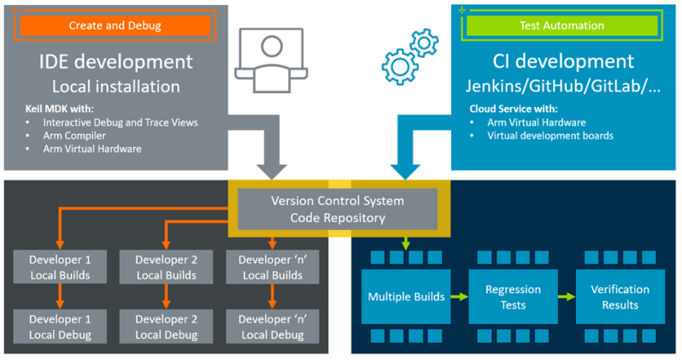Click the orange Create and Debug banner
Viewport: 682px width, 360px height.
[114, 26]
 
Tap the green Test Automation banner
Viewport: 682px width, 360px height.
[561, 26]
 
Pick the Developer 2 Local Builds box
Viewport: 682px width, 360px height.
[165, 267]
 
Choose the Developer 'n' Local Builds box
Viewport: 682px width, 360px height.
[271, 267]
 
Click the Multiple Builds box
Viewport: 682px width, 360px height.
[406, 297]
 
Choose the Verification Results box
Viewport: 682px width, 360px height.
[619, 297]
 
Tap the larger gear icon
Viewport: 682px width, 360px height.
[399, 66]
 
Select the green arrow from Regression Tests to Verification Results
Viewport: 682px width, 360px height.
[566, 297]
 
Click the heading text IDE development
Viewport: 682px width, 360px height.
[115, 62]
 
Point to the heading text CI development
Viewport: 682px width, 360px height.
[563, 62]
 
